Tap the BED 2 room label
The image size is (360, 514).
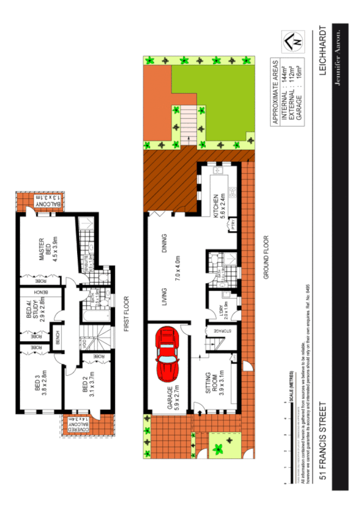pos(86,382)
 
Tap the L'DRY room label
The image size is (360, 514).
pos(219,308)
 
